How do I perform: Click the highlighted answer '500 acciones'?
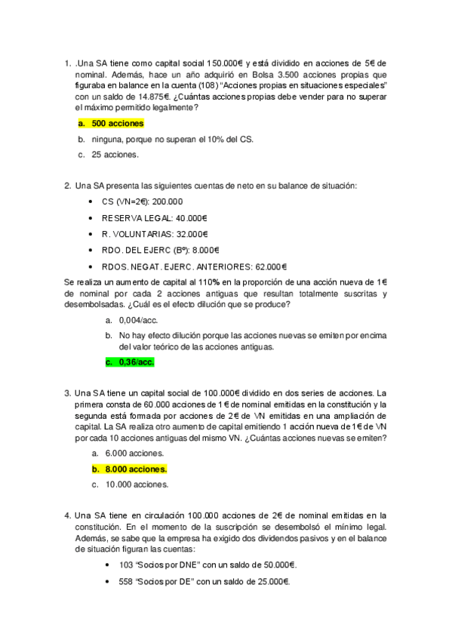point(117,123)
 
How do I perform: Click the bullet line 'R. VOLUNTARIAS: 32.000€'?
point(155,234)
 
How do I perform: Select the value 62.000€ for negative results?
point(271,266)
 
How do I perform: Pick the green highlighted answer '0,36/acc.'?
point(136,362)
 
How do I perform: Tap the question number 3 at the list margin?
point(68,393)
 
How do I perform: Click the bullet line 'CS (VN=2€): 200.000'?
point(142,202)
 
